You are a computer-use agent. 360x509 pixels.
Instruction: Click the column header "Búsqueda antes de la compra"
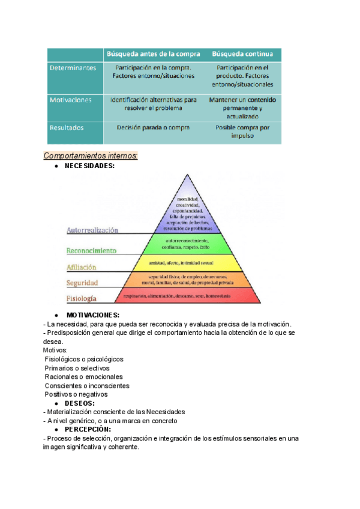tap(153, 55)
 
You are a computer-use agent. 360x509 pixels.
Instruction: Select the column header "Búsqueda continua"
tap(242, 55)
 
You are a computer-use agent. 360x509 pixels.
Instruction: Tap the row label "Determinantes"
tap(73, 68)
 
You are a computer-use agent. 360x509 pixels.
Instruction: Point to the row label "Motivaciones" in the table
tap(71, 100)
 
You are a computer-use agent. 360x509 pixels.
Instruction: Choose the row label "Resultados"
tap(67, 127)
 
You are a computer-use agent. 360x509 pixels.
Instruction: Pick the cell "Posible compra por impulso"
tap(242, 131)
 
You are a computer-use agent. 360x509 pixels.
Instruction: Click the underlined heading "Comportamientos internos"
tap(91, 156)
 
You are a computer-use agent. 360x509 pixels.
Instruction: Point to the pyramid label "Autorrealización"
tap(92, 230)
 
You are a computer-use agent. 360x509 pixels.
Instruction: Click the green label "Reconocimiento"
tap(91, 251)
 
